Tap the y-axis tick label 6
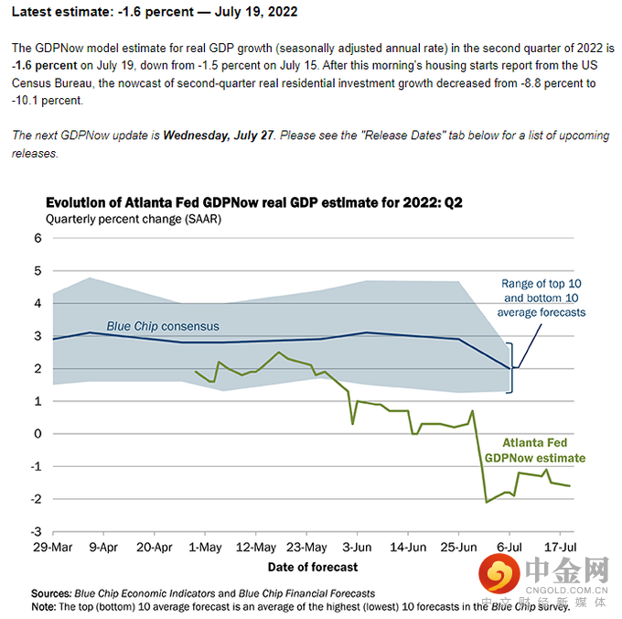(x=38, y=238)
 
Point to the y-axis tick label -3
(x=37, y=531)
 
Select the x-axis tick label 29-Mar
(x=52, y=548)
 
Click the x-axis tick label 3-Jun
(x=356, y=548)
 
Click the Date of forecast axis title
(x=313, y=568)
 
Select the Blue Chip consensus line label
(x=163, y=326)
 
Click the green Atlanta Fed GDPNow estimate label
(x=535, y=450)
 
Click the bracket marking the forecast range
(x=511, y=368)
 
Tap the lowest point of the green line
(x=487, y=502)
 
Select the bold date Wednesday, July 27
(x=218, y=136)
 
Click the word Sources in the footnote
(x=50, y=593)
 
